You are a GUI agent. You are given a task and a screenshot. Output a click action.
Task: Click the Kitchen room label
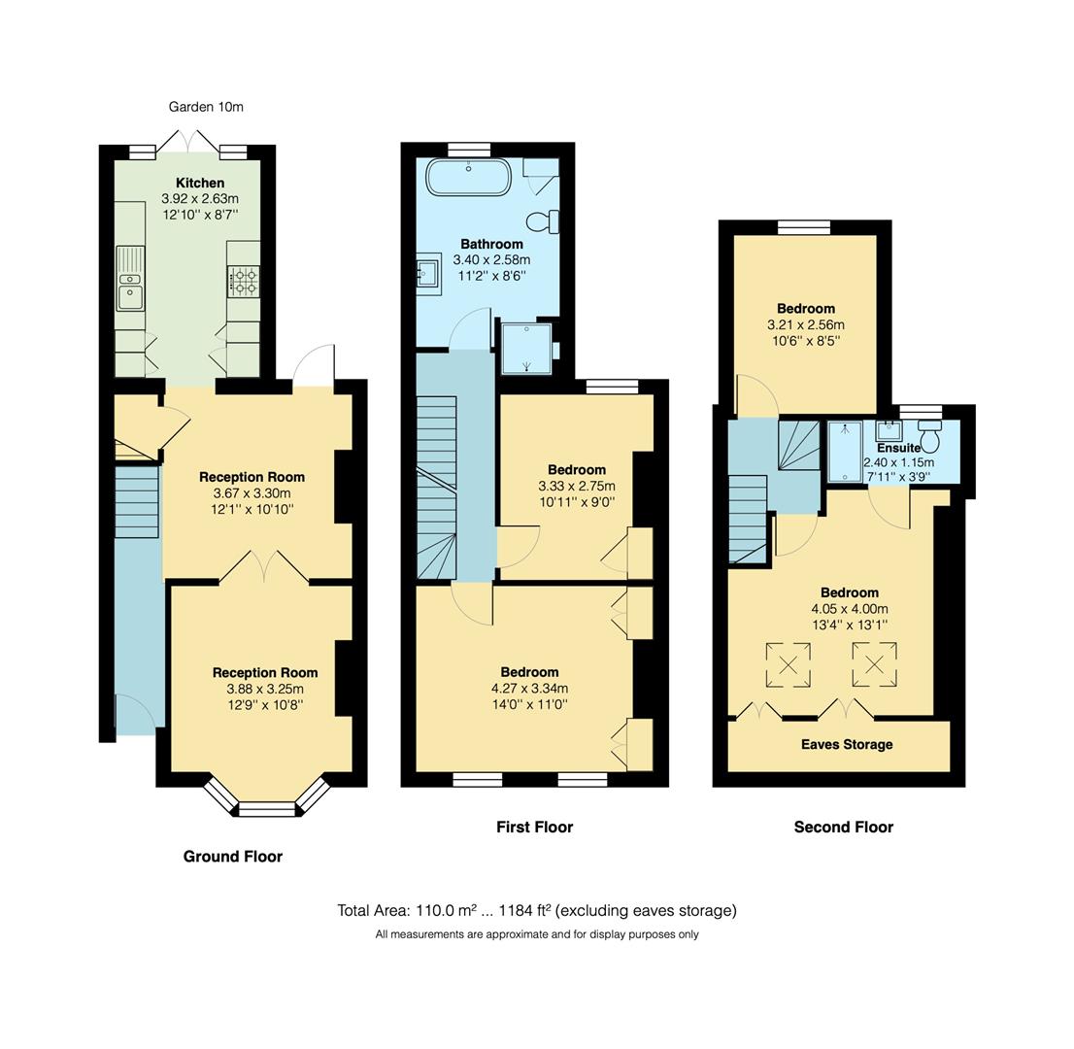[x=200, y=183]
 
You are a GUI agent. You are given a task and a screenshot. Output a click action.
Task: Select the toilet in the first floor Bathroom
[x=544, y=221]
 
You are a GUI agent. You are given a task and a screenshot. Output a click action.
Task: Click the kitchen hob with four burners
[x=243, y=283]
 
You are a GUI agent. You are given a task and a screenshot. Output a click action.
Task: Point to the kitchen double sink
[x=129, y=288]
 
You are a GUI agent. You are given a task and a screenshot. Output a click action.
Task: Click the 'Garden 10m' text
[x=206, y=107]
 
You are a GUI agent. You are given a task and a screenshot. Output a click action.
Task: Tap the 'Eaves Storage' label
[x=846, y=745]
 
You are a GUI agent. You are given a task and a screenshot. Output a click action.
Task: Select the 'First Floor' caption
[x=534, y=828]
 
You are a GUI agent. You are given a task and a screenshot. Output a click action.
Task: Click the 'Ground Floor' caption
[x=233, y=857]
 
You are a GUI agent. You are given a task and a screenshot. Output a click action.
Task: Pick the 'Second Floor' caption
[x=843, y=828]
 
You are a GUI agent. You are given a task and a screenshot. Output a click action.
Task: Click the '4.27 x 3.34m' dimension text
[x=529, y=689]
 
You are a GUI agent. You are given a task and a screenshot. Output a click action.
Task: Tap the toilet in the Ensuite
[x=929, y=438]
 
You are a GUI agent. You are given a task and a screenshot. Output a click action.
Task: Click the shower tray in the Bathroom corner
[x=526, y=348]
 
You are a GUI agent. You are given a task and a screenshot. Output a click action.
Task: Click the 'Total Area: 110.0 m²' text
[x=407, y=911]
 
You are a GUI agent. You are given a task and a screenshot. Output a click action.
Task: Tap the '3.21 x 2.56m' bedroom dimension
[x=806, y=325]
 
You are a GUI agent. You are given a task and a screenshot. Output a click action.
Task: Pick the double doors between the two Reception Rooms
[x=264, y=566]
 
